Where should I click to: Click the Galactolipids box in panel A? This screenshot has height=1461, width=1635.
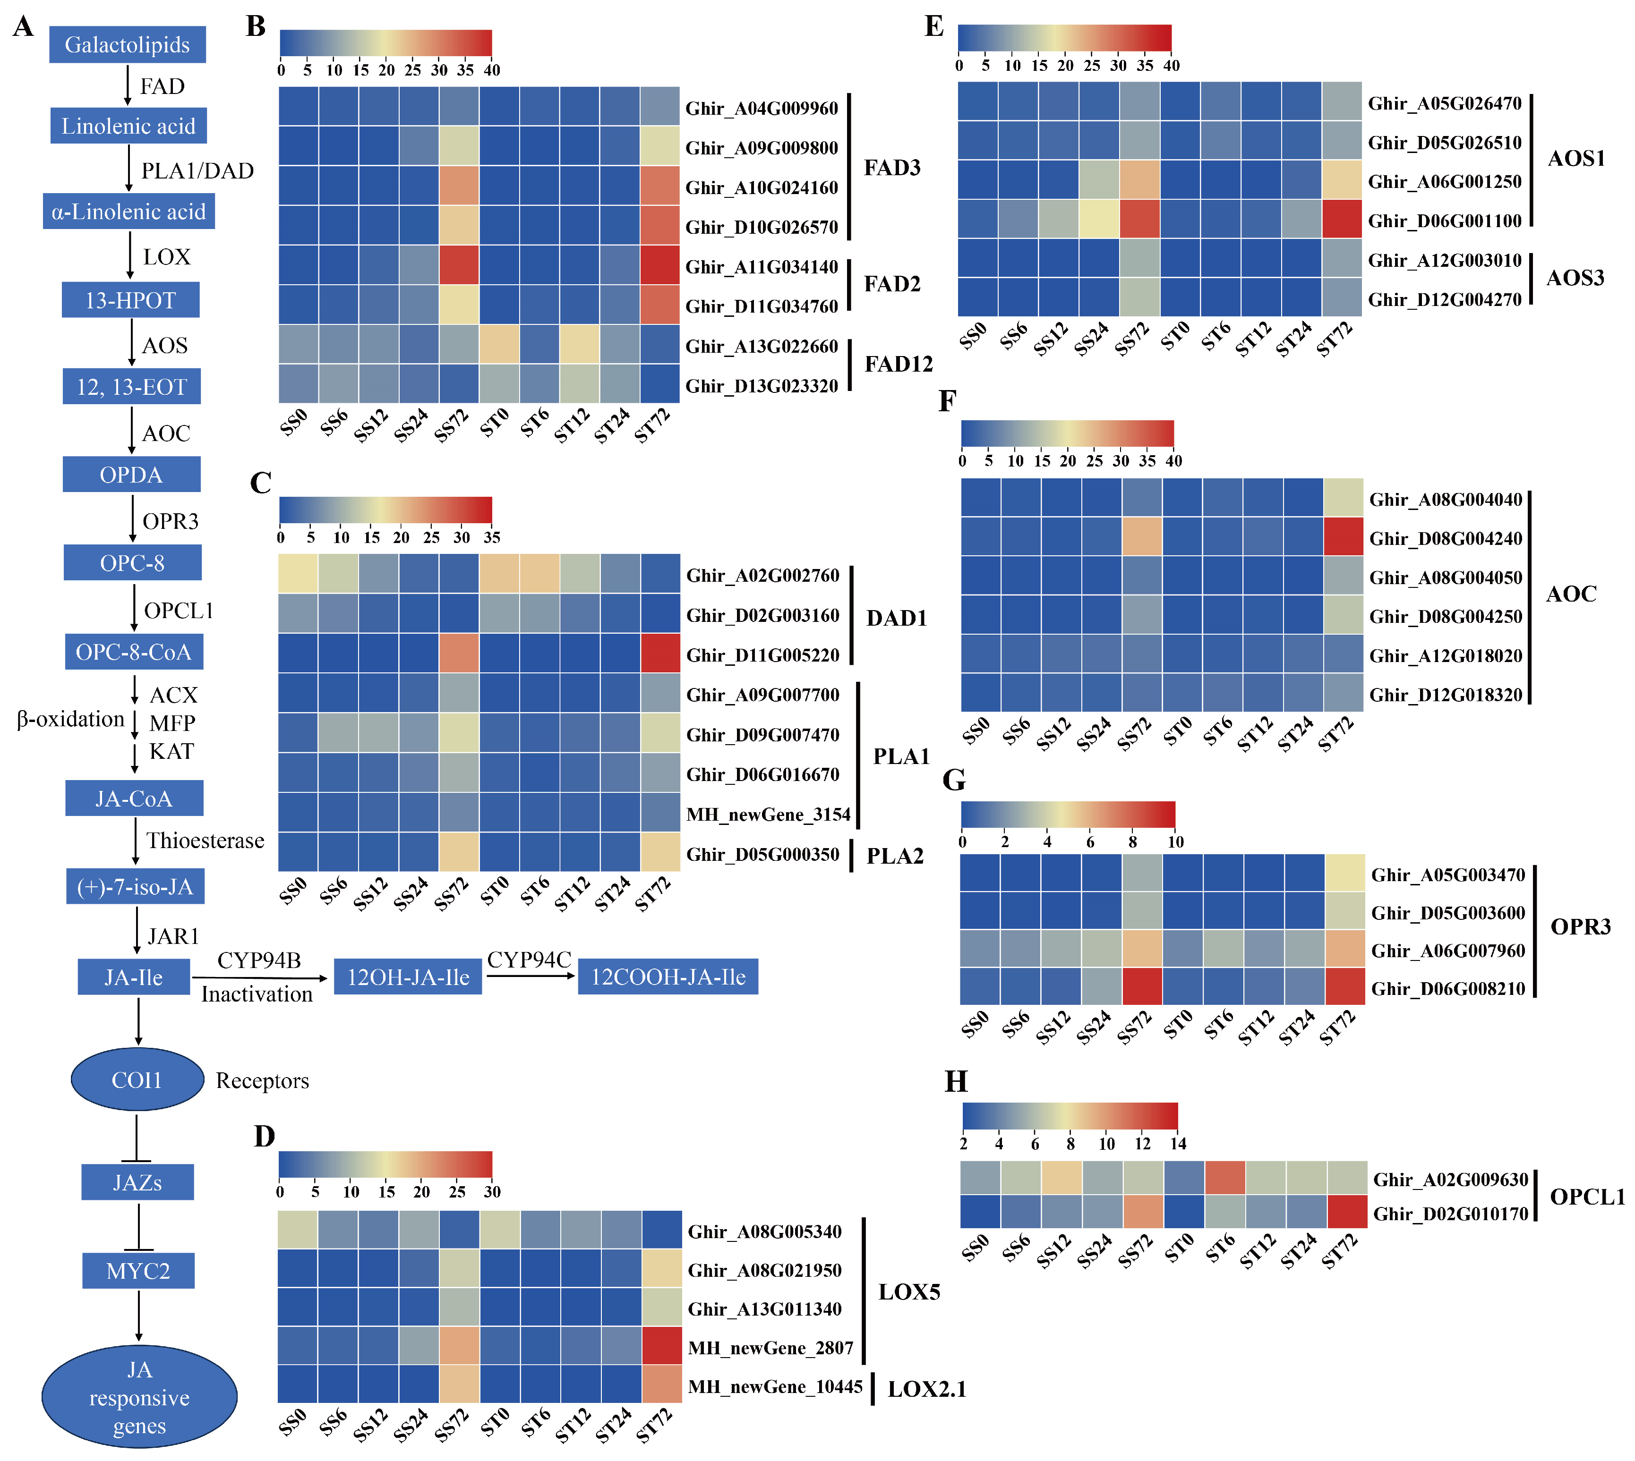(127, 44)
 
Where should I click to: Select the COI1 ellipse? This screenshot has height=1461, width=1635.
(137, 1079)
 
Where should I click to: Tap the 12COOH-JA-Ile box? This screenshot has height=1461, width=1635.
(668, 977)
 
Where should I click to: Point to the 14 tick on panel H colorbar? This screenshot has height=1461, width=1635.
(1177, 1144)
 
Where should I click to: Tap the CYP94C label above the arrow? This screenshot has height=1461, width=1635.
(529, 960)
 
